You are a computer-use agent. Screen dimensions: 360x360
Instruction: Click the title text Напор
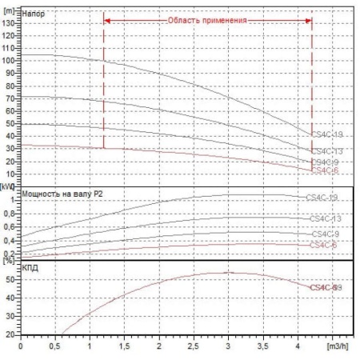[x=34, y=14]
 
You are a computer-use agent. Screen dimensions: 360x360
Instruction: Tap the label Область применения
[x=207, y=18]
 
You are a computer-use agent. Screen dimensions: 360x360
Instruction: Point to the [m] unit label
[x=10, y=6]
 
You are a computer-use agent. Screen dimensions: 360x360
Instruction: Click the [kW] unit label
[x=9, y=186]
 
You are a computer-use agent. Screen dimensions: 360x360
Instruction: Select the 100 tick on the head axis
[x=9, y=60]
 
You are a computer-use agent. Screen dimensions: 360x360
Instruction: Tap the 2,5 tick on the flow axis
[x=194, y=348]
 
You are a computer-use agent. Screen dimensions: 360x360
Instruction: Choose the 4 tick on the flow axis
[x=298, y=348]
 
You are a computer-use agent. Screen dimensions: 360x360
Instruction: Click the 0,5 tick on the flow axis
[x=55, y=348]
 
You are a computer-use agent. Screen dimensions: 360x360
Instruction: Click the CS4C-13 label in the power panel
[x=325, y=218]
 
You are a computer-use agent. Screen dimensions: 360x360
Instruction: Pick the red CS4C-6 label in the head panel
[x=325, y=170]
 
